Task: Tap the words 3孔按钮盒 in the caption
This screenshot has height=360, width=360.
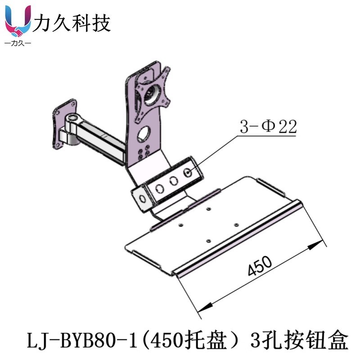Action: point(299,341)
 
